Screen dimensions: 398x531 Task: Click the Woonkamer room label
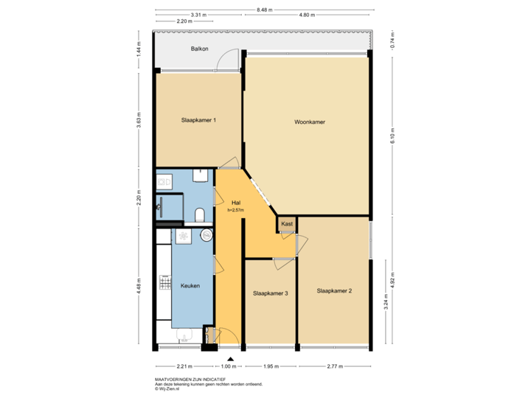click(x=310, y=122)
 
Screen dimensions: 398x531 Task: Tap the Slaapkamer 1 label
click(x=198, y=120)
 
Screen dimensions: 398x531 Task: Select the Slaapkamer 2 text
click(x=333, y=291)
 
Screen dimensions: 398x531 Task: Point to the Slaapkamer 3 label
click(x=270, y=293)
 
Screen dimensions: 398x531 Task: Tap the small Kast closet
click(x=286, y=223)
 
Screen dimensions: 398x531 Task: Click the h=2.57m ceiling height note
click(x=236, y=210)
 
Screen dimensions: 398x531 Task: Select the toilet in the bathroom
click(x=199, y=214)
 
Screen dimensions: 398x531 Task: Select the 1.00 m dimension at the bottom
click(x=229, y=366)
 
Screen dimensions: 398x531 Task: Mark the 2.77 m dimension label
click(x=333, y=366)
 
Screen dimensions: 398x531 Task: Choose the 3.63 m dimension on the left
click(x=139, y=119)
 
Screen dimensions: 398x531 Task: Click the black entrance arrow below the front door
click(x=229, y=357)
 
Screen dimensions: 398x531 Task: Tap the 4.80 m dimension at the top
click(x=308, y=15)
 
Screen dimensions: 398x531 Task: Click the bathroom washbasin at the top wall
click(x=199, y=175)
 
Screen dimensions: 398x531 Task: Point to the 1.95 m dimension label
click(x=270, y=366)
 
